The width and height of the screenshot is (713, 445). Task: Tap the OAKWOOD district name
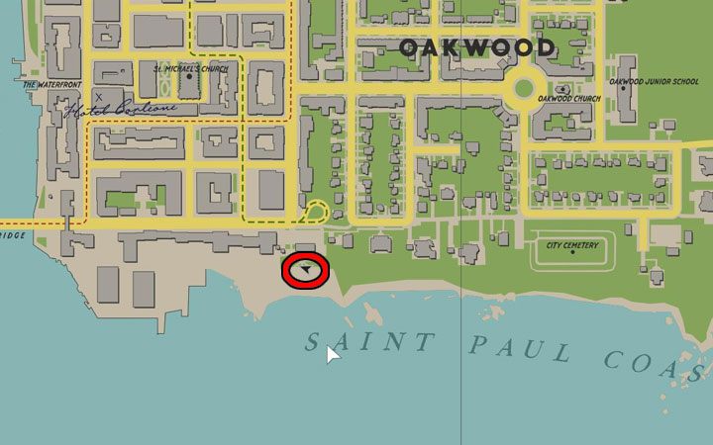click(x=476, y=47)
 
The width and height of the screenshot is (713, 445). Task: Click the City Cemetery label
click(x=571, y=245)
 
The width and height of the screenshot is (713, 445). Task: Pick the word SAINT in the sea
click(x=368, y=342)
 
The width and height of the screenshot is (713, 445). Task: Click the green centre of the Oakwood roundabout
click(x=522, y=90)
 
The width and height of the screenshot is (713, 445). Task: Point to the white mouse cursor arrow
click(x=333, y=353)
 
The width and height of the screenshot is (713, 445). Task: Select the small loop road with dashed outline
click(x=317, y=212)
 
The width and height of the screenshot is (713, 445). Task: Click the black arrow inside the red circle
click(x=309, y=269)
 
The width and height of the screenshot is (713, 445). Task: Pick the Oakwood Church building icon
click(x=562, y=89)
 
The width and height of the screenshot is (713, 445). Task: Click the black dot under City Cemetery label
click(x=571, y=254)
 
